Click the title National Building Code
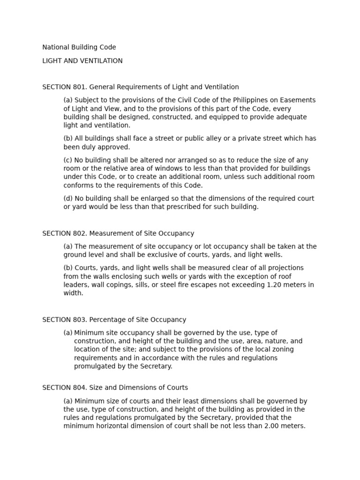coord(79,47)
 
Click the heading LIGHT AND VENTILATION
coord(82,61)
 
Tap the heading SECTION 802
coord(118,233)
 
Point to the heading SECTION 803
coord(114,320)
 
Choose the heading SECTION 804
coord(115,388)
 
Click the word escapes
coord(219,285)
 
